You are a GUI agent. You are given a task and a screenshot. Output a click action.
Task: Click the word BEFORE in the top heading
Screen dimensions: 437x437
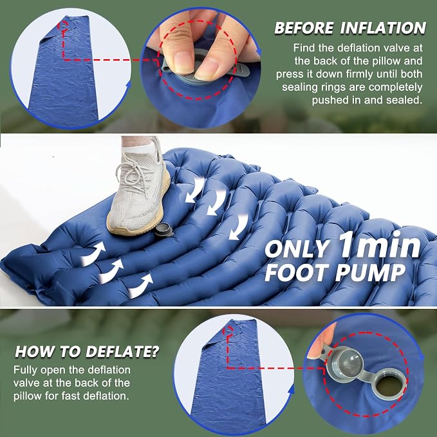(x=304, y=28)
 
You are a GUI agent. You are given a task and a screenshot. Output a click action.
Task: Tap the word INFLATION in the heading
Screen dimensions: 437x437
(x=383, y=28)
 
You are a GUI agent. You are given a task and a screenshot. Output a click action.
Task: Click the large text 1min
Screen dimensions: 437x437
(x=380, y=245)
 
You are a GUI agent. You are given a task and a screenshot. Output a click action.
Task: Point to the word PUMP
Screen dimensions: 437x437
(x=370, y=272)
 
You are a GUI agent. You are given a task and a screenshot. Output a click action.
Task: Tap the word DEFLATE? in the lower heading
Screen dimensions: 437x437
(x=122, y=351)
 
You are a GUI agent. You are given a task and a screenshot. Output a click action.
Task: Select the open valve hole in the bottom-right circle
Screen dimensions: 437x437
(x=389, y=386)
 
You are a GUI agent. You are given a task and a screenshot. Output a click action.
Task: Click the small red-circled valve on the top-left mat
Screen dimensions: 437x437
(x=64, y=26)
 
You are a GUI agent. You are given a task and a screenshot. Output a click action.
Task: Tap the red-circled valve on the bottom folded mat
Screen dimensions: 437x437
(x=230, y=330)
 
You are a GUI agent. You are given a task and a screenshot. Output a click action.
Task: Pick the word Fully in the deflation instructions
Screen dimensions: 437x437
(x=25, y=370)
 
